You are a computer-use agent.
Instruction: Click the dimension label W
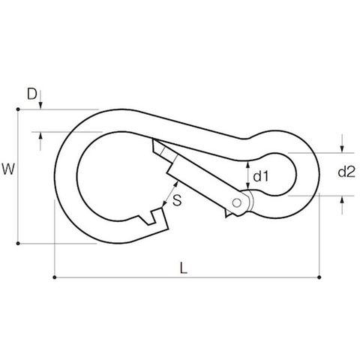[8, 169]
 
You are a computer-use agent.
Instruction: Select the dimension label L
[184, 268]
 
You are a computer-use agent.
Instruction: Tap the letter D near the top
[31, 94]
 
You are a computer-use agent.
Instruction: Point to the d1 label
[261, 176]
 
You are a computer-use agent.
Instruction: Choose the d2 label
[346, 172]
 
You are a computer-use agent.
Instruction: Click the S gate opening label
[177, 200]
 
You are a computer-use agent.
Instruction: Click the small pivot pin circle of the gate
[236, 202]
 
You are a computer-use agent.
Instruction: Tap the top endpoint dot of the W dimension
[18, 109]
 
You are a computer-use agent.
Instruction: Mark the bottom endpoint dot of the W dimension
[18, 243]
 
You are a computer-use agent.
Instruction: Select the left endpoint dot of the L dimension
[55, 277]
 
